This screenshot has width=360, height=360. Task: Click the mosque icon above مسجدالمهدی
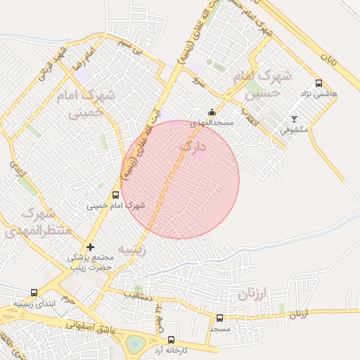pos(212,112)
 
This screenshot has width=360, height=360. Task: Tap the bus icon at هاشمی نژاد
pos(319,83)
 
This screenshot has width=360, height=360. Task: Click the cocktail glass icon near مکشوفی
pos(294,119)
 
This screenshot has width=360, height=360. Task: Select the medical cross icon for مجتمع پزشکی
pos(89,247)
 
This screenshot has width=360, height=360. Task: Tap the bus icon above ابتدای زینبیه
pos(34,292)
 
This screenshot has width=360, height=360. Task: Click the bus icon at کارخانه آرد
pos(171,340)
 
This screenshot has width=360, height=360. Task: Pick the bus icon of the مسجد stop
pos(219,318)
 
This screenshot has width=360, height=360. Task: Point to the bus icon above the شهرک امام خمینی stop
pos(115,195)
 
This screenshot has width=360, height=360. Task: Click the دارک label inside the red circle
pos(193,147)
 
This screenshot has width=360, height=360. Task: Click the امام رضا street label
pos(78,60)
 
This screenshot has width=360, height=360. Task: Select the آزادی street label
pos(14,168)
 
